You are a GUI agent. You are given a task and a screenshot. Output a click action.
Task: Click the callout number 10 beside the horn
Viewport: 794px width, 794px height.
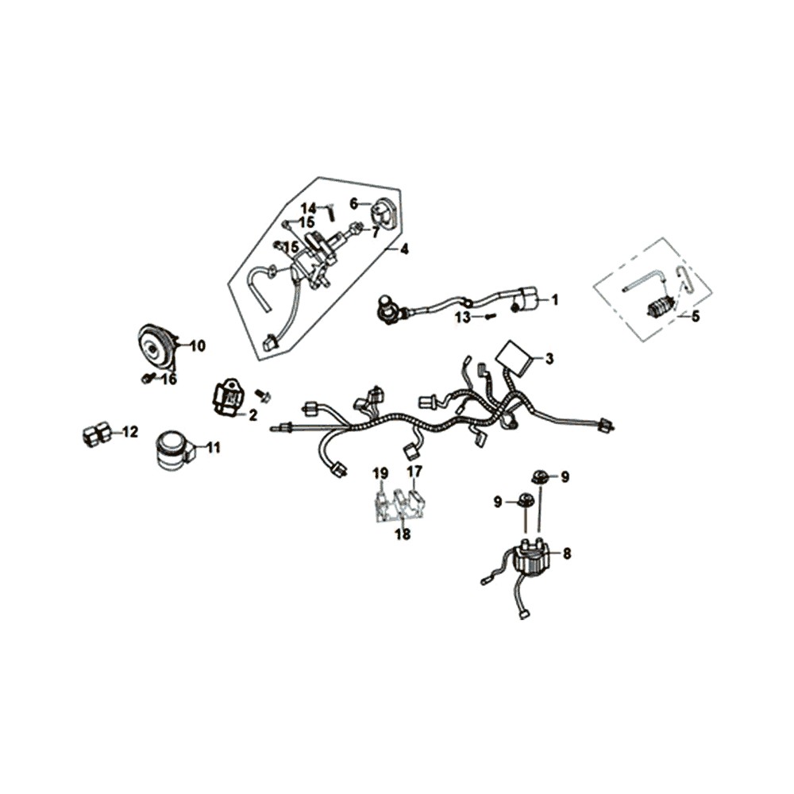point(197,345)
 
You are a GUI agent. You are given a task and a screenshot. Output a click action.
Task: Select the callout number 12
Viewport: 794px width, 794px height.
point(129,432)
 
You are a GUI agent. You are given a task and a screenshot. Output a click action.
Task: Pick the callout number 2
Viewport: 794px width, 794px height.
point(252,414)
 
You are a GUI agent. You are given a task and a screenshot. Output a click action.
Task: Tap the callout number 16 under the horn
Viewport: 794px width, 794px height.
point(168,380)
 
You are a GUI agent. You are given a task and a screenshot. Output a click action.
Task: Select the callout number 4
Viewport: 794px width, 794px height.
point(404,249)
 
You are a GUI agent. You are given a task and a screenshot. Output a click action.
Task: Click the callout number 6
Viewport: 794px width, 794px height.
point(354,203)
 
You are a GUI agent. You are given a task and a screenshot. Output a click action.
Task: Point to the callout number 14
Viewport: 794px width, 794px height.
point(308,208)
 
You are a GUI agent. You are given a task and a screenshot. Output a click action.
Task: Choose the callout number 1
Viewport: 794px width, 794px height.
point(555,300)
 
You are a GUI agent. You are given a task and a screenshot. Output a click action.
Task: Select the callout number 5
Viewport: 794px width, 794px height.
point(696,316)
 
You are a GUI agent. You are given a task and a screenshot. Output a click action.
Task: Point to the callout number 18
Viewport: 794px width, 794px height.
point(403,534)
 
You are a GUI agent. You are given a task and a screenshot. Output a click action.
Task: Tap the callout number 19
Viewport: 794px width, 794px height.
point(381,473)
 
